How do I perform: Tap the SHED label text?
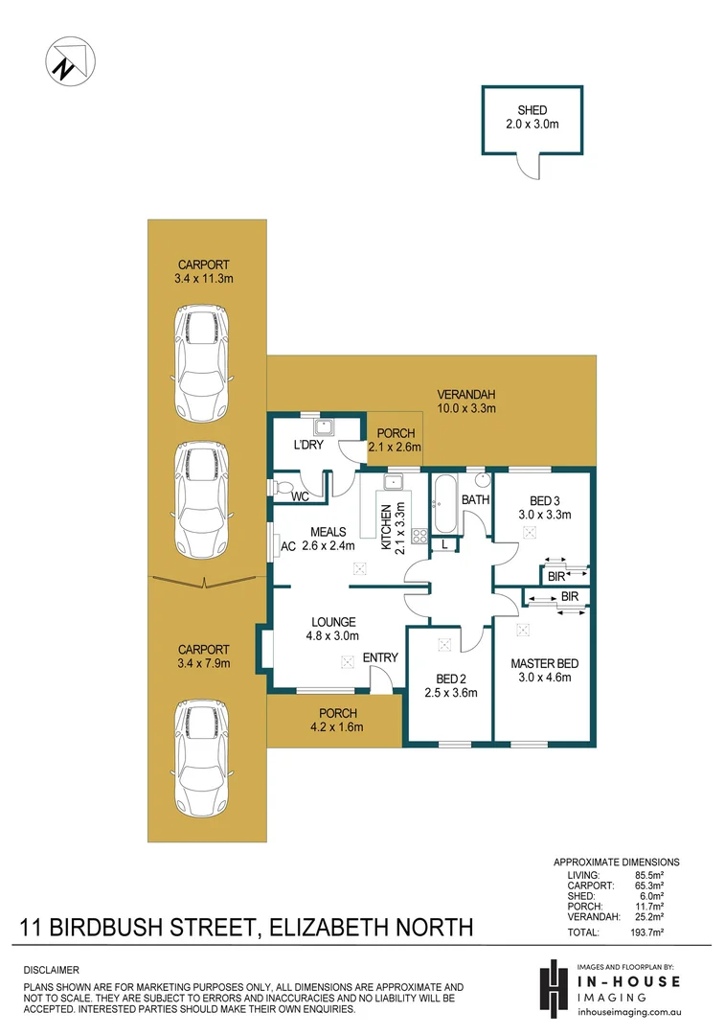(x=532, y=110)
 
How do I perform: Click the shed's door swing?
(x=528, y=168)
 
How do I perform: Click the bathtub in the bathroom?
(x=443, y=506)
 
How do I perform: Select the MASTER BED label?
(x=544, y=663)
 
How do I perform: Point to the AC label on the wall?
(x=286, y=546)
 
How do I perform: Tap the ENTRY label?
(x=379, y=657)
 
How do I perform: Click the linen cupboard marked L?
(x=444, y=544)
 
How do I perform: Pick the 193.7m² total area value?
(x=660, y=931)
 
